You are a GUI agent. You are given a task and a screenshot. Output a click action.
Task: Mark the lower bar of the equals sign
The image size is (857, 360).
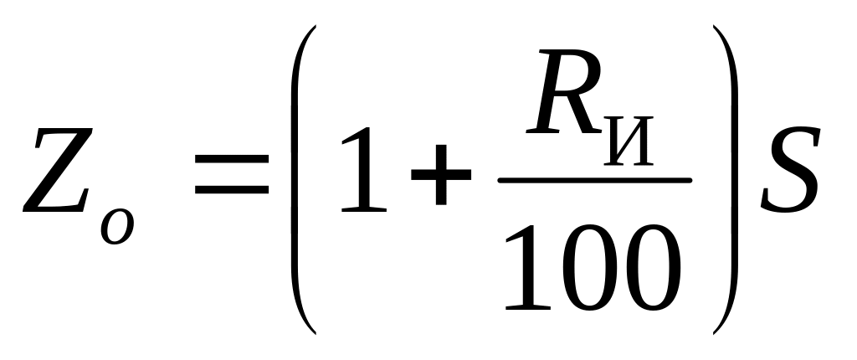tap(233, 193)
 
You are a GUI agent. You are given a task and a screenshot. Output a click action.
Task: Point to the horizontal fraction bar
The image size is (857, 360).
tap(594, 179)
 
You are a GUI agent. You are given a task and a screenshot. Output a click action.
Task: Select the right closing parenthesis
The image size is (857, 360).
tap(726, 180)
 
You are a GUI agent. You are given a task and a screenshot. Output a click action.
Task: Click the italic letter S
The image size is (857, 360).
tap(789, 172)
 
